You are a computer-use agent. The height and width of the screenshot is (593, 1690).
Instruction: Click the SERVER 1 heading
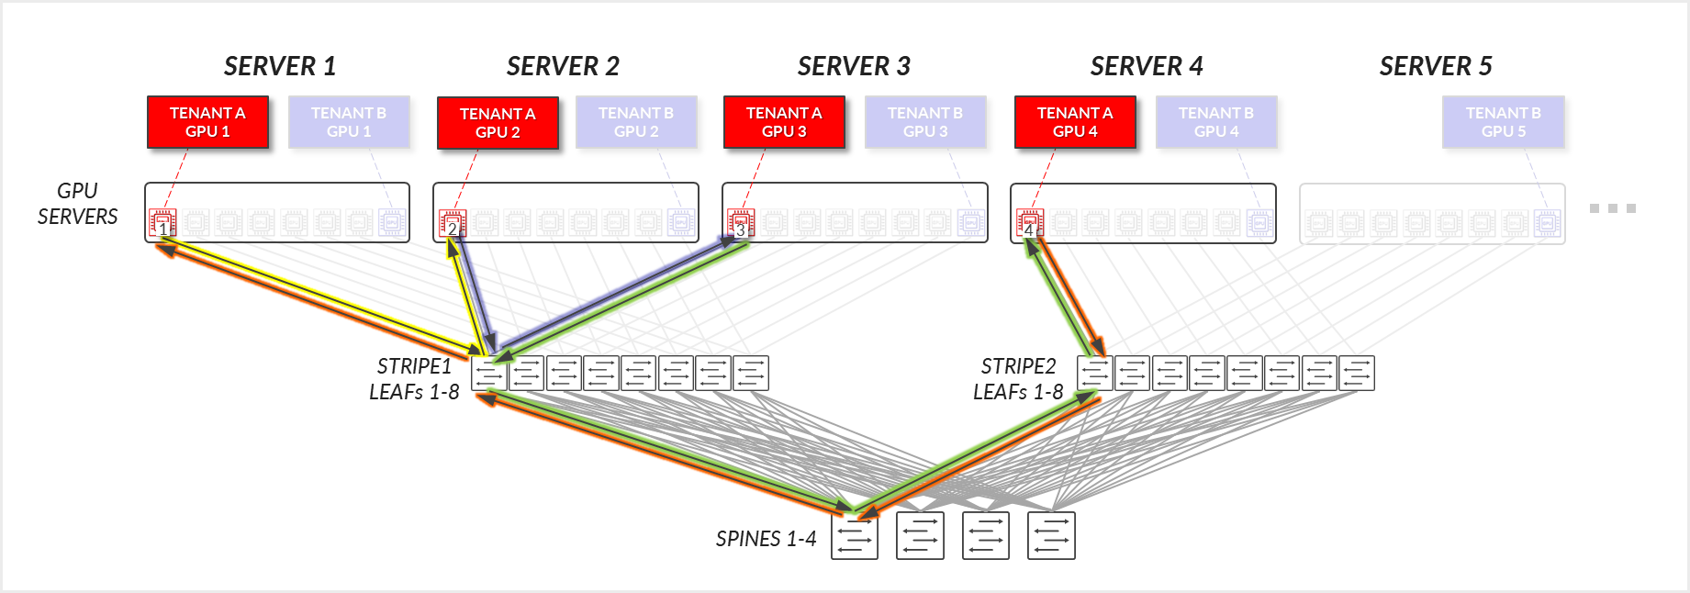point(280,66)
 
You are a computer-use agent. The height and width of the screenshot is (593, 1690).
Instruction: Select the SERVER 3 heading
point(854,66)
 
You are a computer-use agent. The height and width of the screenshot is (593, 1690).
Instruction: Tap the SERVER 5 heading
point(1436,66)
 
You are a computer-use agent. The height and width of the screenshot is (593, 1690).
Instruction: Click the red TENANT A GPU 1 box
point(207,122)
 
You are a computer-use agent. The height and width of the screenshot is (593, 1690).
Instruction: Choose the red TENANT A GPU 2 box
point(498,123)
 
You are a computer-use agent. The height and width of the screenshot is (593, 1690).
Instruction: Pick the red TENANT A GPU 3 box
point(784,122)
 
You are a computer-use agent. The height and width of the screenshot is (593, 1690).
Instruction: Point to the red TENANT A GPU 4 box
point(1075,122)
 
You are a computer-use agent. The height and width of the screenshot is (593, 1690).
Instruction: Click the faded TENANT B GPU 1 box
point(349,122)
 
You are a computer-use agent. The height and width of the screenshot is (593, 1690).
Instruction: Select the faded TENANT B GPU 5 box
point(1503,122)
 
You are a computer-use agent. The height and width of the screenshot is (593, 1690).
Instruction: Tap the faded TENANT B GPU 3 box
point(925,122)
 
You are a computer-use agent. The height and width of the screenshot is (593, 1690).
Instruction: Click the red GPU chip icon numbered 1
point(162,222)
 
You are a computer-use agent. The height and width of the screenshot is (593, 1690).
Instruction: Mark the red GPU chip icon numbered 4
point(1030,222)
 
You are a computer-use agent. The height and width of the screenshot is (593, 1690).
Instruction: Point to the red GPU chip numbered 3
point(740,222)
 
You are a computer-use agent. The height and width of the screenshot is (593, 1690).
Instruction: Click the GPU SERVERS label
point(77,204)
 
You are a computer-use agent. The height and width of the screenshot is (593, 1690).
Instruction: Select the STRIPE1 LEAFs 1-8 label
point(414,379)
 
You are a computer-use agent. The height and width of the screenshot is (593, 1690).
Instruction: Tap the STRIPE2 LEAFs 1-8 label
point(1018,379)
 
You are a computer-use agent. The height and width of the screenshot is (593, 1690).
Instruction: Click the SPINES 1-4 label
point(766,539)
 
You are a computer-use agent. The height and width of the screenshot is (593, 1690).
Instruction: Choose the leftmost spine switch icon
point(855,536)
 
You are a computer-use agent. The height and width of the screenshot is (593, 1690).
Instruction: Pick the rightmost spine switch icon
point(1051,536)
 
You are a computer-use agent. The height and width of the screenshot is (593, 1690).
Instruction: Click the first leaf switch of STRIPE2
point(1094,374)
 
